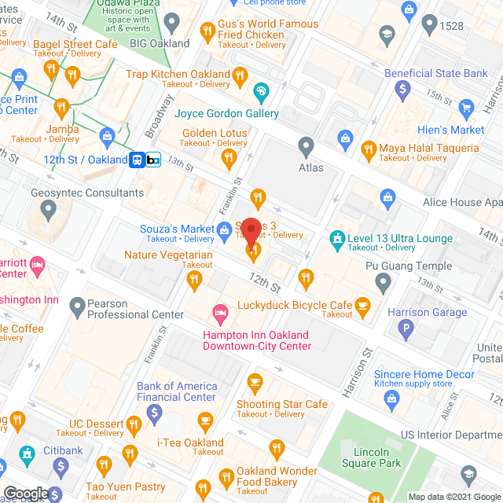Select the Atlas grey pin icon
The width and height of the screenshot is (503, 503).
pyautogui.click(x=307, y=146)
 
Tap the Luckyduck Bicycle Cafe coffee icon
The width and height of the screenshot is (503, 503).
pyautogui.click(x=362, y=304)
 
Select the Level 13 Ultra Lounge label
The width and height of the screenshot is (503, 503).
pyautogui.click(x=401, y=238)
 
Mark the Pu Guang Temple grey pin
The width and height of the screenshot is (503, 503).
pyautogui.click(x=383, y=281)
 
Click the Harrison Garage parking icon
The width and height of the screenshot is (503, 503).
pyautogui.click(x=406, y=329)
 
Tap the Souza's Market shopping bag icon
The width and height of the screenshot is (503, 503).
pyautogui.click(x=224, y=229)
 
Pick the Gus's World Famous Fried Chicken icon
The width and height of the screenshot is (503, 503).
pyautogui.click(x=207, y=32)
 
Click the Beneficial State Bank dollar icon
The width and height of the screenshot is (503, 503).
pyautogui.click(x=402, y=89)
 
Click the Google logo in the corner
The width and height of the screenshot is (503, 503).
pyautogui.click(x=24, y=493)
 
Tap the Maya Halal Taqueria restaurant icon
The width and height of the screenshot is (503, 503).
pyautogui.click(x=368, y=148)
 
